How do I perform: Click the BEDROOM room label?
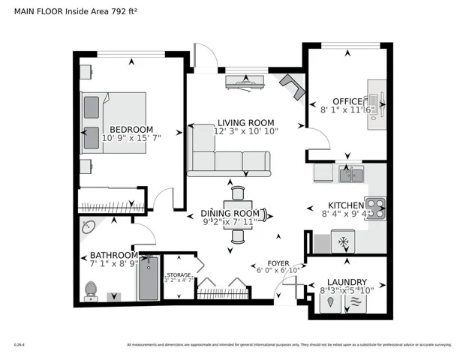pyautogui.click(x=131, y=128)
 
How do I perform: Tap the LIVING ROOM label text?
pyautogui.click(x=245, y=122)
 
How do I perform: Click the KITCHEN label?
pyautogui.click(x=345, y=205)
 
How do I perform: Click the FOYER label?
pyautogui.click(x=278, y=262)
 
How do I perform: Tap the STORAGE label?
pyautogui.click(x=179, y=275)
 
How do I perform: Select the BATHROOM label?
pyautogui.click(x=113, y=255)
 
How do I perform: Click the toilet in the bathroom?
pyautogui.click(x=92, y=289)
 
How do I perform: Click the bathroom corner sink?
pyautogui.click(x=88, y=226)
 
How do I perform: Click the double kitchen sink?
pyautogui.click(x=350, y=175)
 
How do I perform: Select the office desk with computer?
pyautogui.click(x=375, y=100)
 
